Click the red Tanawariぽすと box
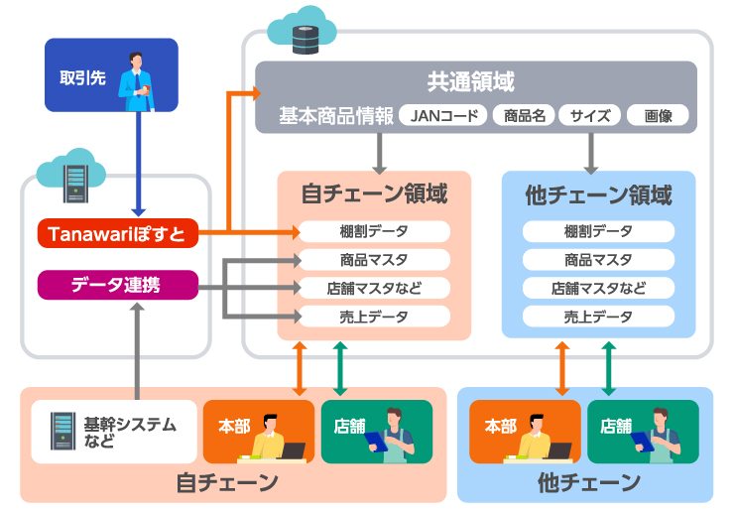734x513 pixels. (118, 234)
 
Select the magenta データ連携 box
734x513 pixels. (118, 285)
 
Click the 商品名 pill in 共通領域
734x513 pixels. (525, 116)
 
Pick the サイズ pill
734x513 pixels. (590, 116)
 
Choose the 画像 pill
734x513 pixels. (658, 116)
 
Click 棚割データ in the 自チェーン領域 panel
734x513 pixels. (374, 231)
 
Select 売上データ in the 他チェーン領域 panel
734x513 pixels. (598, 318)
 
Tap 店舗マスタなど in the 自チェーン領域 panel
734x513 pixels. (374, 289)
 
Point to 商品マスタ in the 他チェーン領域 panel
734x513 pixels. (598, 260)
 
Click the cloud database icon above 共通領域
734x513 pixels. (303, 30)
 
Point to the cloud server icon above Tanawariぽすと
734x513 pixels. (72, 176)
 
